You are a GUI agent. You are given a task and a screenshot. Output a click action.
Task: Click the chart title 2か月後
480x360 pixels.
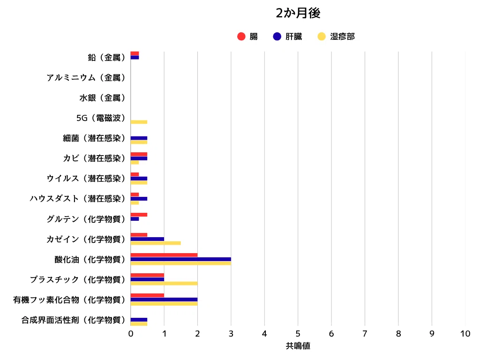coord(298,13)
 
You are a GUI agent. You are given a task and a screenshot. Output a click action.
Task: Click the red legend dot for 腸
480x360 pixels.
coord(241,37)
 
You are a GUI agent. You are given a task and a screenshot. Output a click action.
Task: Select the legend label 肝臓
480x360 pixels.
coord(294,37)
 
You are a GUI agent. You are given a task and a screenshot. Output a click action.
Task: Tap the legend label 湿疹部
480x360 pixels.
coord(342,37)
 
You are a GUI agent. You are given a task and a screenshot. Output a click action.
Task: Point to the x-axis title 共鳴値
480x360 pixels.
coord(298,346)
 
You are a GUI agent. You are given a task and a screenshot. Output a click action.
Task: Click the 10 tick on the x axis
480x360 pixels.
coord(465,334)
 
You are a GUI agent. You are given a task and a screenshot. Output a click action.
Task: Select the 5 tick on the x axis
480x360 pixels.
coord(298,334)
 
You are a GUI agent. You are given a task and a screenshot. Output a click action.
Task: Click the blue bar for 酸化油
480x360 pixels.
coord(180,259)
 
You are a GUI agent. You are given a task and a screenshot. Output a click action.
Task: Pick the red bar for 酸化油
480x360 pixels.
coord(164,255)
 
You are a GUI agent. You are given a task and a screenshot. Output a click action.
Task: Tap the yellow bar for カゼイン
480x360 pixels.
coord(156,243)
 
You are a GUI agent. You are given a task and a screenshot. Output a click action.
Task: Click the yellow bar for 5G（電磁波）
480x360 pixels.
coord(139,122)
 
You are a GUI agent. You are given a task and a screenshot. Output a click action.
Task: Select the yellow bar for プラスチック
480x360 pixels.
coord(164,284)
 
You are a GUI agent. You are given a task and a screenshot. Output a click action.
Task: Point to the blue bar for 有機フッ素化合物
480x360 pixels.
coord(164,300)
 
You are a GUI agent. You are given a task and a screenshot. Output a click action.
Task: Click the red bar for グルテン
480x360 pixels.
coord(139,215)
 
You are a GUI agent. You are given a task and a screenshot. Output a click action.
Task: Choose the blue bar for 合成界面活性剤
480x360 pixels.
coord(139,320)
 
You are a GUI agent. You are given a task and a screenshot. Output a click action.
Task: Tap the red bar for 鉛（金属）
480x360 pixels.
coord(135,53)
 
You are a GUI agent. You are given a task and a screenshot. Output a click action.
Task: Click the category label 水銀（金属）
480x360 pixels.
coord(102,98)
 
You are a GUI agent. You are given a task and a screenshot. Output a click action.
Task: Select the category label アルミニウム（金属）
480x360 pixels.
coord(86,78)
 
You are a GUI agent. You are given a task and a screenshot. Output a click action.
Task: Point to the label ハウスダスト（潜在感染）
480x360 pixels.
coord(77,199)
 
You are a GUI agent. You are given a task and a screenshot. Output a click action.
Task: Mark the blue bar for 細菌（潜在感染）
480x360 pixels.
coord(139,138)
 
